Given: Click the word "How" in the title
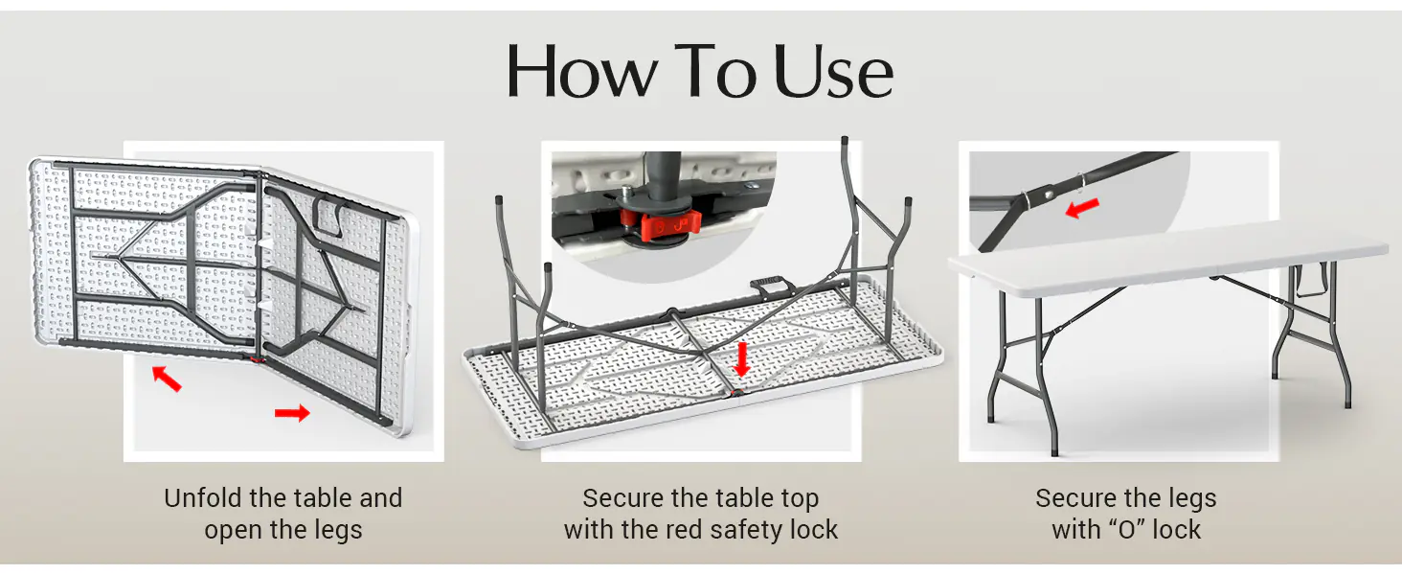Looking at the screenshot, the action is pos(582,71).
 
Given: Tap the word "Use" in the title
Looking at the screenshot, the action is pos(834,72).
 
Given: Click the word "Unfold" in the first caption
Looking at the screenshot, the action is pos(203,498).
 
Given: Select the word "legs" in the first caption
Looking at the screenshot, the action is pos(337,531).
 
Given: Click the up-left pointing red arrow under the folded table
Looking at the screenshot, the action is pos(168,379).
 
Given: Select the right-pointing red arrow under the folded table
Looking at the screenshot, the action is pos(292,413).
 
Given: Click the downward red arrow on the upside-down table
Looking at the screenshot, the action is pos(741,359).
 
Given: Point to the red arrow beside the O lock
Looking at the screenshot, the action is pos(1082,208).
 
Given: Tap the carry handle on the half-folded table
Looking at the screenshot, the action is pos(329,215).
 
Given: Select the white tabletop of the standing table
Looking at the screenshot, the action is pos(1168,257).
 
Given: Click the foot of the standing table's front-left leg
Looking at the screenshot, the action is pos(1054,449).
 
